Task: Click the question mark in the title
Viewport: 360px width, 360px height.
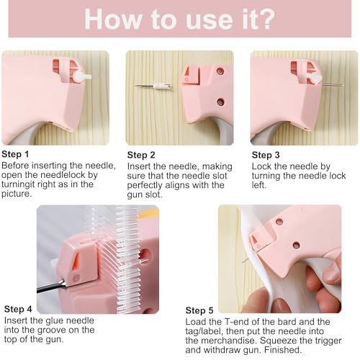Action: [x=266, y=19]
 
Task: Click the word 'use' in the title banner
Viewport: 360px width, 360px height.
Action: [x=210, y=22]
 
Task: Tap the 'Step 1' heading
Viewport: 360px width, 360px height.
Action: [x=15, y=154]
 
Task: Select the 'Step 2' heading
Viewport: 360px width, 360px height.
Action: [x=141, y=155]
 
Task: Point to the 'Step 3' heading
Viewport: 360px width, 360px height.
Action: [x=266, y=155]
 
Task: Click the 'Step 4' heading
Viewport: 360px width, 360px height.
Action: [x=18, y=309]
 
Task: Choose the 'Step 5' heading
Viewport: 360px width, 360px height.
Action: [x=199, y=310]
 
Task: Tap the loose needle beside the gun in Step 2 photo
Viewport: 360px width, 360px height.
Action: [x=153, y=86]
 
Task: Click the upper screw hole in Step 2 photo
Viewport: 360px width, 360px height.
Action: [x=220, y=71]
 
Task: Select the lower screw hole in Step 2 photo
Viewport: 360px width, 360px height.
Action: [x=220, y=102]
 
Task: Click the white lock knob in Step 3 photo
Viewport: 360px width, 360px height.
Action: [x=314, y=78]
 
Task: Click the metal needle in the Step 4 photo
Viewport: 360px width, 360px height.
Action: [x=52, y=286]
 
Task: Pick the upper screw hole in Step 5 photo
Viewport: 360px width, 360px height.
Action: [x=279, y=222]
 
